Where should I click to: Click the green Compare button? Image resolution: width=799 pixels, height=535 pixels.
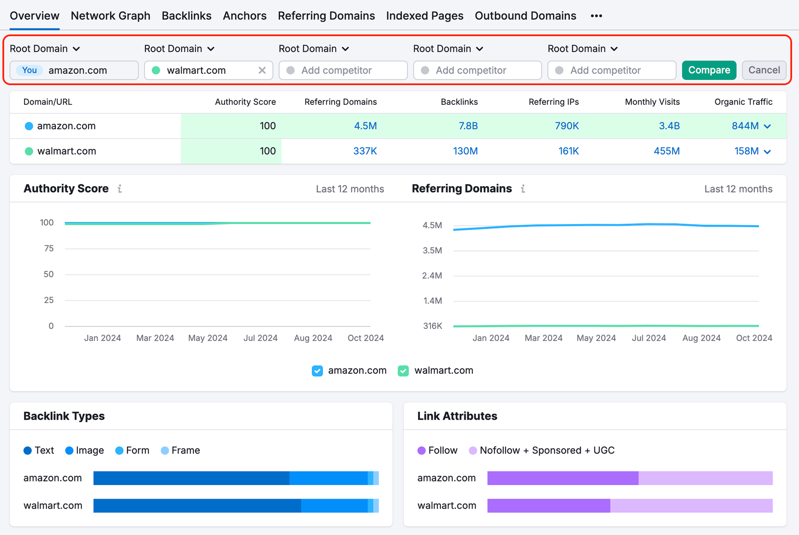point(709,70)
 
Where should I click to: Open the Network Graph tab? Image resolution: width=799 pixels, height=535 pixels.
point(110,16)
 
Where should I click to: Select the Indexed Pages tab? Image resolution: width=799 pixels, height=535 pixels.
point(424,16)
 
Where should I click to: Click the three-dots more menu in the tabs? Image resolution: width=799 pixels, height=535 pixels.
point(596,16)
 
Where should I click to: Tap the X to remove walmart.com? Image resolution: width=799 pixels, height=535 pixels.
point(262,70)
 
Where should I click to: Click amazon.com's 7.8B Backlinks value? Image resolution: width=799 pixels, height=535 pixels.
point(468,126)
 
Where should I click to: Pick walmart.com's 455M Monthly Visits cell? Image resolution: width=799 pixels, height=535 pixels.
point(666,151)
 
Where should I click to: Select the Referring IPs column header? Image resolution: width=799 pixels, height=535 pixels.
point(553,102)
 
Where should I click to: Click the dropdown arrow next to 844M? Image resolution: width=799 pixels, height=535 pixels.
point(768,127)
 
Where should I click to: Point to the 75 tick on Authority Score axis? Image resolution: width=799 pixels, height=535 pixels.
point(48,249)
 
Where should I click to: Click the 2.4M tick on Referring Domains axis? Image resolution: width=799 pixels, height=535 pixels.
point(432,275)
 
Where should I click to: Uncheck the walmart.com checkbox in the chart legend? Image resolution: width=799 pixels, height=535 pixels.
point(403,371)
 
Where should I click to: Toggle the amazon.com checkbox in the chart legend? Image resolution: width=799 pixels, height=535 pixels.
point(317,371)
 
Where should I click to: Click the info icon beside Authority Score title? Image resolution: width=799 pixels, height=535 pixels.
point(120,189)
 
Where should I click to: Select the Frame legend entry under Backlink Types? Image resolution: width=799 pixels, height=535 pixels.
point(180,451)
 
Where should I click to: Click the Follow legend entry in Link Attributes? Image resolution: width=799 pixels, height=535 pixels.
point(437,451)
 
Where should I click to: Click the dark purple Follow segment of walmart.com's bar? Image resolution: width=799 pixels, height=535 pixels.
point(548,506)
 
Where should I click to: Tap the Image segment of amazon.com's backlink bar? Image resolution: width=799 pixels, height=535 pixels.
point(328,478)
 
